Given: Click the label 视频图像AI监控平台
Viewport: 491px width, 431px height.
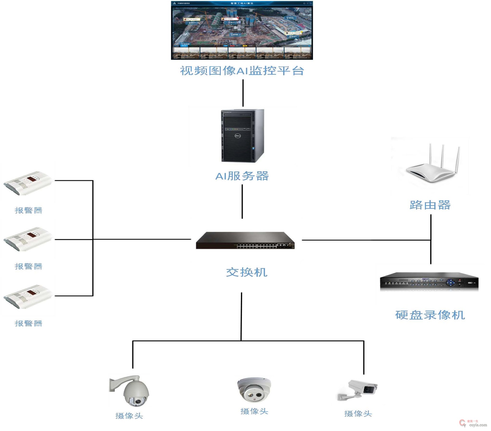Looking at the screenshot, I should pos(242,71).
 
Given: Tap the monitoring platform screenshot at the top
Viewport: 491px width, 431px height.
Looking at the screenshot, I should pos(242,30).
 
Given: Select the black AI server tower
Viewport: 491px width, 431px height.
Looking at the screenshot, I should pos(242,136).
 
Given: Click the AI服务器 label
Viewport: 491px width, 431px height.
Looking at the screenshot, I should pos(242,176).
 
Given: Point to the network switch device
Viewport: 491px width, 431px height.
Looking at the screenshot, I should pos(245,241).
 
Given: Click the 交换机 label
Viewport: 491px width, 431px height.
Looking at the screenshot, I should pos(247,272).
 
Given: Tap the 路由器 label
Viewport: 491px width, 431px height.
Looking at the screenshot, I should pos(430,205).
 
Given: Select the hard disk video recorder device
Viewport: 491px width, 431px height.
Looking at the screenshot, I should pos(429,281).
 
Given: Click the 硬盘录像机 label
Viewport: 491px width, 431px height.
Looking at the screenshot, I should pos(430,315).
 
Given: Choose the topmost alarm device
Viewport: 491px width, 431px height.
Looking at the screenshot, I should pos(28,183).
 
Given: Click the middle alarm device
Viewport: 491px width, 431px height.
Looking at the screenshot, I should pos(28,239).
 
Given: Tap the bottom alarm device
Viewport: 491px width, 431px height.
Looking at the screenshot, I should pos(28,296).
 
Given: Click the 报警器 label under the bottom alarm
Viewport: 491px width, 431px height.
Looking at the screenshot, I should pos(29,323).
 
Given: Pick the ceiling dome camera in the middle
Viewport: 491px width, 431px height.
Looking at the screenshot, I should pos(254,389).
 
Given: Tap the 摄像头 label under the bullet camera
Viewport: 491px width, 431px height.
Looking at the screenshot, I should pos(358,414).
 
